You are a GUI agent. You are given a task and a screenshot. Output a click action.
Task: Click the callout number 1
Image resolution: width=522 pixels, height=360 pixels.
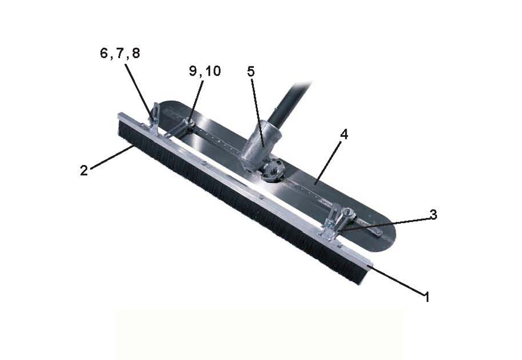[x=426, y=296]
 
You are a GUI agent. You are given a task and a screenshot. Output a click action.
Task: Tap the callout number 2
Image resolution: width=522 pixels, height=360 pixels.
[x=84, y=170]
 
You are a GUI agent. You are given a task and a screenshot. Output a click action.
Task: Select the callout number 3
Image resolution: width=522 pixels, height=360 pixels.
[x=433, y=215]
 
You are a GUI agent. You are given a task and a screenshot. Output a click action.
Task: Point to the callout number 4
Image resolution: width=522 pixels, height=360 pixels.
[x=344, y=134]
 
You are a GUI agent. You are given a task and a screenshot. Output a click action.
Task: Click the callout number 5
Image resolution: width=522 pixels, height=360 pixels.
[x=251, y=71]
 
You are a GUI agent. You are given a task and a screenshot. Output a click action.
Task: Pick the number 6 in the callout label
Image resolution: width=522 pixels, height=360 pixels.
[x=104, y=53]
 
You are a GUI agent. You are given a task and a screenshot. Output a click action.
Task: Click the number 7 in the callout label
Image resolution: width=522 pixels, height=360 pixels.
[x=120, y=53]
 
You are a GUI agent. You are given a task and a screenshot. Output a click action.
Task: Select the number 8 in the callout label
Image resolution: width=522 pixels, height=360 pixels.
[x=136, y=53]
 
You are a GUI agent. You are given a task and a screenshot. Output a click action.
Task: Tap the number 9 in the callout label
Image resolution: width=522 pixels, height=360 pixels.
[x=193, y=71]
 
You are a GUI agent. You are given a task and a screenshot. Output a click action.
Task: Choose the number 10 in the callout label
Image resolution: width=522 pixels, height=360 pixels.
[x=213, y=71]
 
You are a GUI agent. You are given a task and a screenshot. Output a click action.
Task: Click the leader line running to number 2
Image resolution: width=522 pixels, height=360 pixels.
[x=112, y=157]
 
